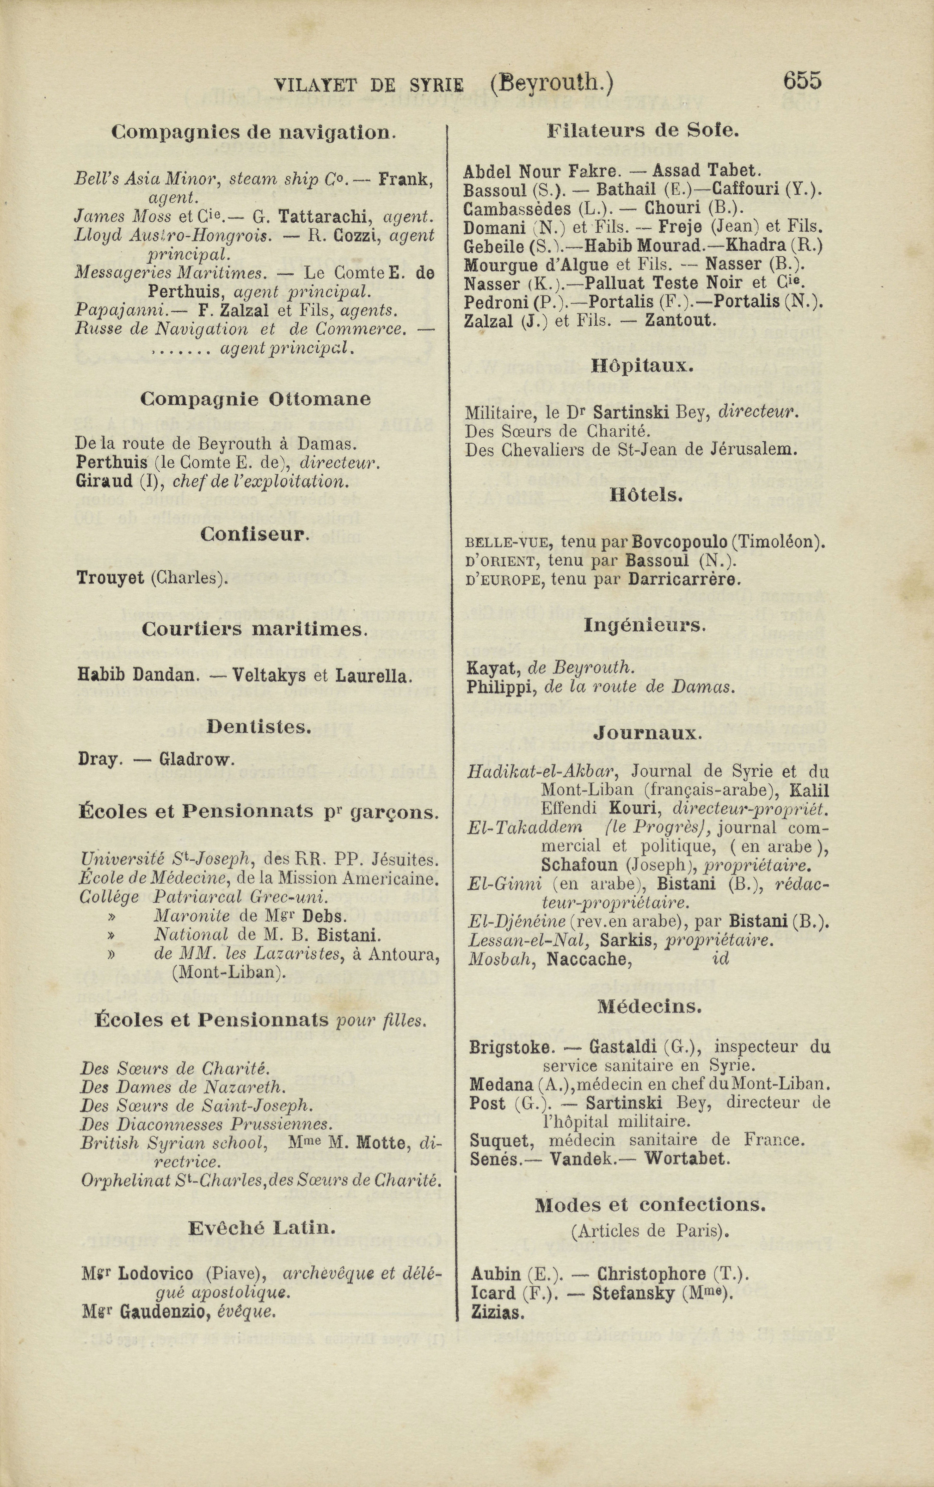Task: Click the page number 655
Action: coord(802,81)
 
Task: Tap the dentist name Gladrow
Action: coord(196,759)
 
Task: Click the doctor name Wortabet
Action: coord(687,1158)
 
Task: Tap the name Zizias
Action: coord(497,1313)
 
